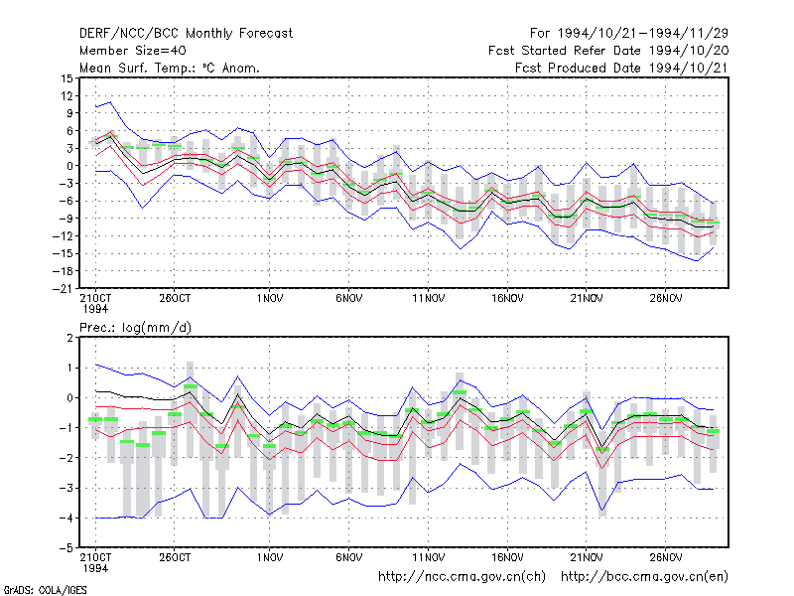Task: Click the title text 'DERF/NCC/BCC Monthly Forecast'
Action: point(186,34)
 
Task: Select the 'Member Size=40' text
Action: point(133,51)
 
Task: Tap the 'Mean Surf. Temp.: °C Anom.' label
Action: point(170,68)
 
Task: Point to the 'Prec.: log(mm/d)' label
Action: point(135,328)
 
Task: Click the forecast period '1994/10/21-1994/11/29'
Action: point(642,34)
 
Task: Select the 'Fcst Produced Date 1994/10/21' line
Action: point(621,68)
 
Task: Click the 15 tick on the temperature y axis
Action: point(66,78)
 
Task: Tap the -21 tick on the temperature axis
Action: point(63,289)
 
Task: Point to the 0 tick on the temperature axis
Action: point(69,166)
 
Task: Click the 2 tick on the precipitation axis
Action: point(69,338)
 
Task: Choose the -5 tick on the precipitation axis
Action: point(66,548)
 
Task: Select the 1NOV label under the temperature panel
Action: point(269,299)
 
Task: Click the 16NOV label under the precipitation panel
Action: point(507,557)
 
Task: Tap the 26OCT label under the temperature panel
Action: point(175,299)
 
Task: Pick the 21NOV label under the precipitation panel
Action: point(587,557)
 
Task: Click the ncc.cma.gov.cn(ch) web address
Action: point(462,577)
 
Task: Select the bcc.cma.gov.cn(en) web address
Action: point(644,577)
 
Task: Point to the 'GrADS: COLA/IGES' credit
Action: point(45,590)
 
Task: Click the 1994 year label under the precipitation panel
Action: point(95,568)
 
